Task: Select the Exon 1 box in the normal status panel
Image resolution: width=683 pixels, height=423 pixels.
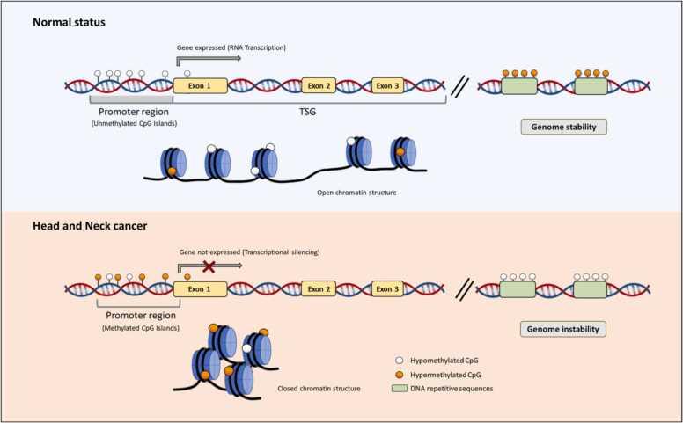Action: click(200, 85)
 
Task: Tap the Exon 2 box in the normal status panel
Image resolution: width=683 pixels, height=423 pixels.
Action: click(319, 85)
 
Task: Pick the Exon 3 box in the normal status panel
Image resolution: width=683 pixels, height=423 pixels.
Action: click(388, 85)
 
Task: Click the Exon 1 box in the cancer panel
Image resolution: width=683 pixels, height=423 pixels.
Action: click(200, 288)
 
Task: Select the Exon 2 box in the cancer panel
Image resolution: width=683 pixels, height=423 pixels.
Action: click(319, 288)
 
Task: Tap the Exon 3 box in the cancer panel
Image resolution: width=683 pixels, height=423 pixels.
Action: click(388, 288)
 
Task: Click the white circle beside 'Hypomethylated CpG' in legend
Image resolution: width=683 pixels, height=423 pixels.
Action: click(400, 361)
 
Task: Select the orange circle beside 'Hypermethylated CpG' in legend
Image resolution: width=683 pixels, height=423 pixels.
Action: click(400, 375)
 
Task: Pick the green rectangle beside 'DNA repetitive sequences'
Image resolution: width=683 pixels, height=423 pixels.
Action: click(400, 389)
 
